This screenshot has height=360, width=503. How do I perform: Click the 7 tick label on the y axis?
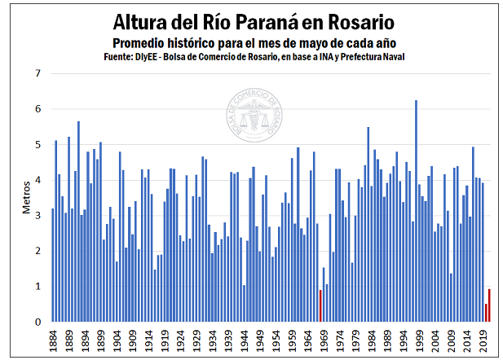37,73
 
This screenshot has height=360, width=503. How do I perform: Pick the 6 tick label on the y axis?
37,109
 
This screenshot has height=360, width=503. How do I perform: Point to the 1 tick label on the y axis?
37,287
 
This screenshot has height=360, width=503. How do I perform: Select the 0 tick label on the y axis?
37,323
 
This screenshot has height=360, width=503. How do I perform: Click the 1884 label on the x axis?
53,340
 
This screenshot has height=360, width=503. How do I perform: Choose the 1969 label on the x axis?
324,340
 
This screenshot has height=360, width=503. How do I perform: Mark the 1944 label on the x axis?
244,340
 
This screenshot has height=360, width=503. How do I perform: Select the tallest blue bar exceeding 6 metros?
416,211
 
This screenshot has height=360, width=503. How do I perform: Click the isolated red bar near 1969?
320,305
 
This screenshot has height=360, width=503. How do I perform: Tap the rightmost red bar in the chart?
489,305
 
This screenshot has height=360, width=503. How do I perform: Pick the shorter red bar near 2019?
486,313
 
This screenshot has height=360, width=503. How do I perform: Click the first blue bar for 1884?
53,265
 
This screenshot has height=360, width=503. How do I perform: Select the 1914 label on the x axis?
148,340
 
